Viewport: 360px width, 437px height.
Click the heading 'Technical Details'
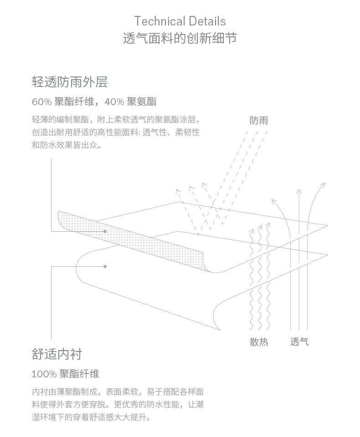click(x=180, y=21)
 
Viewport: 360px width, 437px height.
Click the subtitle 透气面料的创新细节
click(x=180, y=38)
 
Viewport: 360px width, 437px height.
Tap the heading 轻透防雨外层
click(x=70, y=82)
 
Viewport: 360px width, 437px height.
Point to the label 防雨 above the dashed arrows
click(x=259, y=121)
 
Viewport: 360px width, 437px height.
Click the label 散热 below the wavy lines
click(x=259, y=342)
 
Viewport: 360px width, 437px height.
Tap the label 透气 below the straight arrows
click(x=299, y=342)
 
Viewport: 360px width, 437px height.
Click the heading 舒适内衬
click(x=57, y=354)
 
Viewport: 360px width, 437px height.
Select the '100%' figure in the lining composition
click(x=44, y=374)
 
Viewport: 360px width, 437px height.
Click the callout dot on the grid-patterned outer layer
click(x=105, y=231)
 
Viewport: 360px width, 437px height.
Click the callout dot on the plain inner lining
click(x=105, y=266)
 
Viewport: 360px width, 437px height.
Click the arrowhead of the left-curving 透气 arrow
click(x=274, y=201)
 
